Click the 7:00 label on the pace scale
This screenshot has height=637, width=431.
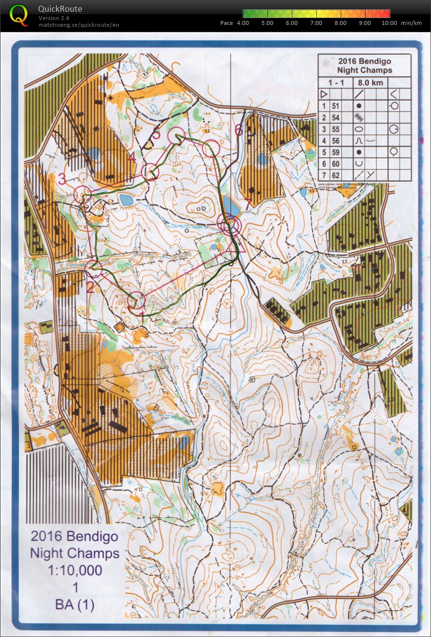[x=316, y=23]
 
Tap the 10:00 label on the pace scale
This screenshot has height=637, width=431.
[x=389, y=23]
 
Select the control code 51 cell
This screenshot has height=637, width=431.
[x=335, y=105]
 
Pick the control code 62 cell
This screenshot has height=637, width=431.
[x=335, y=175]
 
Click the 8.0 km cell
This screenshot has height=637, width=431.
[x=371, y=82]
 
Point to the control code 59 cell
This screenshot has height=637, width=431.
[x=335, y=152]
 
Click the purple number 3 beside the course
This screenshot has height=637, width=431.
[x=62, y=179]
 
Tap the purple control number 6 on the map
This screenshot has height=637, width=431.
[x=238, y=130]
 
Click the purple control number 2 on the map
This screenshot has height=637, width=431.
[x=90, y=287]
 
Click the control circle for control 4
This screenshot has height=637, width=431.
[x=150, y=171]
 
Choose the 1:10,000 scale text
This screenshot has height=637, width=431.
[x=75, y=570]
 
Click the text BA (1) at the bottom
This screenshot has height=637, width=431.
[x=75, y=605]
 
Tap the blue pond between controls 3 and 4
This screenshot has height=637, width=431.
[x=125, y=200]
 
